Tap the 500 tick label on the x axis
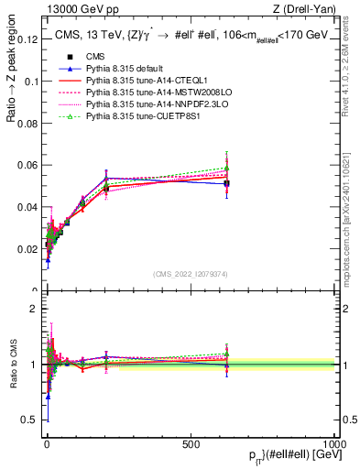coord(191,444)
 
